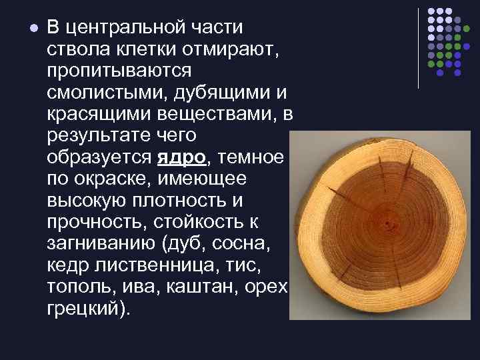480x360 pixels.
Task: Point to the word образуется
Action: (98, 158)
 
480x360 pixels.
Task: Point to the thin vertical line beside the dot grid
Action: (418, 48)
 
